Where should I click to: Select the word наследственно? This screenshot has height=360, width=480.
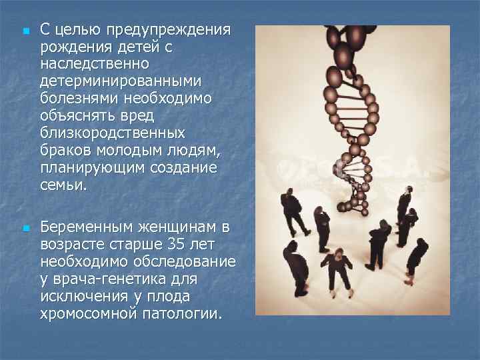point(95,65)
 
